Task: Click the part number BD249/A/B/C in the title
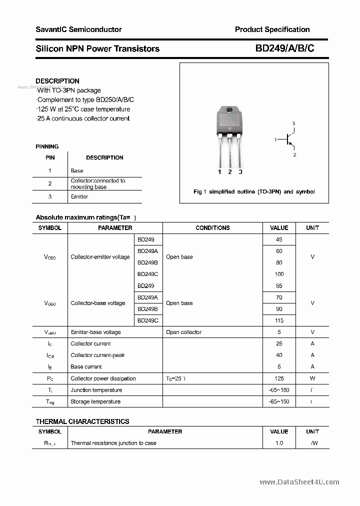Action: [284, 48]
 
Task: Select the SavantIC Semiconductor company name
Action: [78, 29]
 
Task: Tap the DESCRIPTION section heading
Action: [57, 81]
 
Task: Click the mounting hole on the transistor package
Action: [229, 110]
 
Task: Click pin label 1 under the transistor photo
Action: [219, 172]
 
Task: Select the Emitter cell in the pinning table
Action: [79, 197]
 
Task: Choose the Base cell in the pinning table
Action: [77, 171]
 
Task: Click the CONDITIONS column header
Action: [212, 228]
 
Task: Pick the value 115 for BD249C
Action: [279, 320]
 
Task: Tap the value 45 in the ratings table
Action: [279, 240]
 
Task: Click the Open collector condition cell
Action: [184, 332]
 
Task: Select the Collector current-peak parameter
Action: [97, 355]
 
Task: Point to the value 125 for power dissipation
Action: [279, 378]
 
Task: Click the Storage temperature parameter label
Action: [95, 401]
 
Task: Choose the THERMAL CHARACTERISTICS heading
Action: [82, 421]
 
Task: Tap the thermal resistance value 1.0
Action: [279, 443]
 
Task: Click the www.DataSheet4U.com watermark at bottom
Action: [299, 482]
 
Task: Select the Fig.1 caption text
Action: [254, 192]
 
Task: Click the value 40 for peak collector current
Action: [279, 355]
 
